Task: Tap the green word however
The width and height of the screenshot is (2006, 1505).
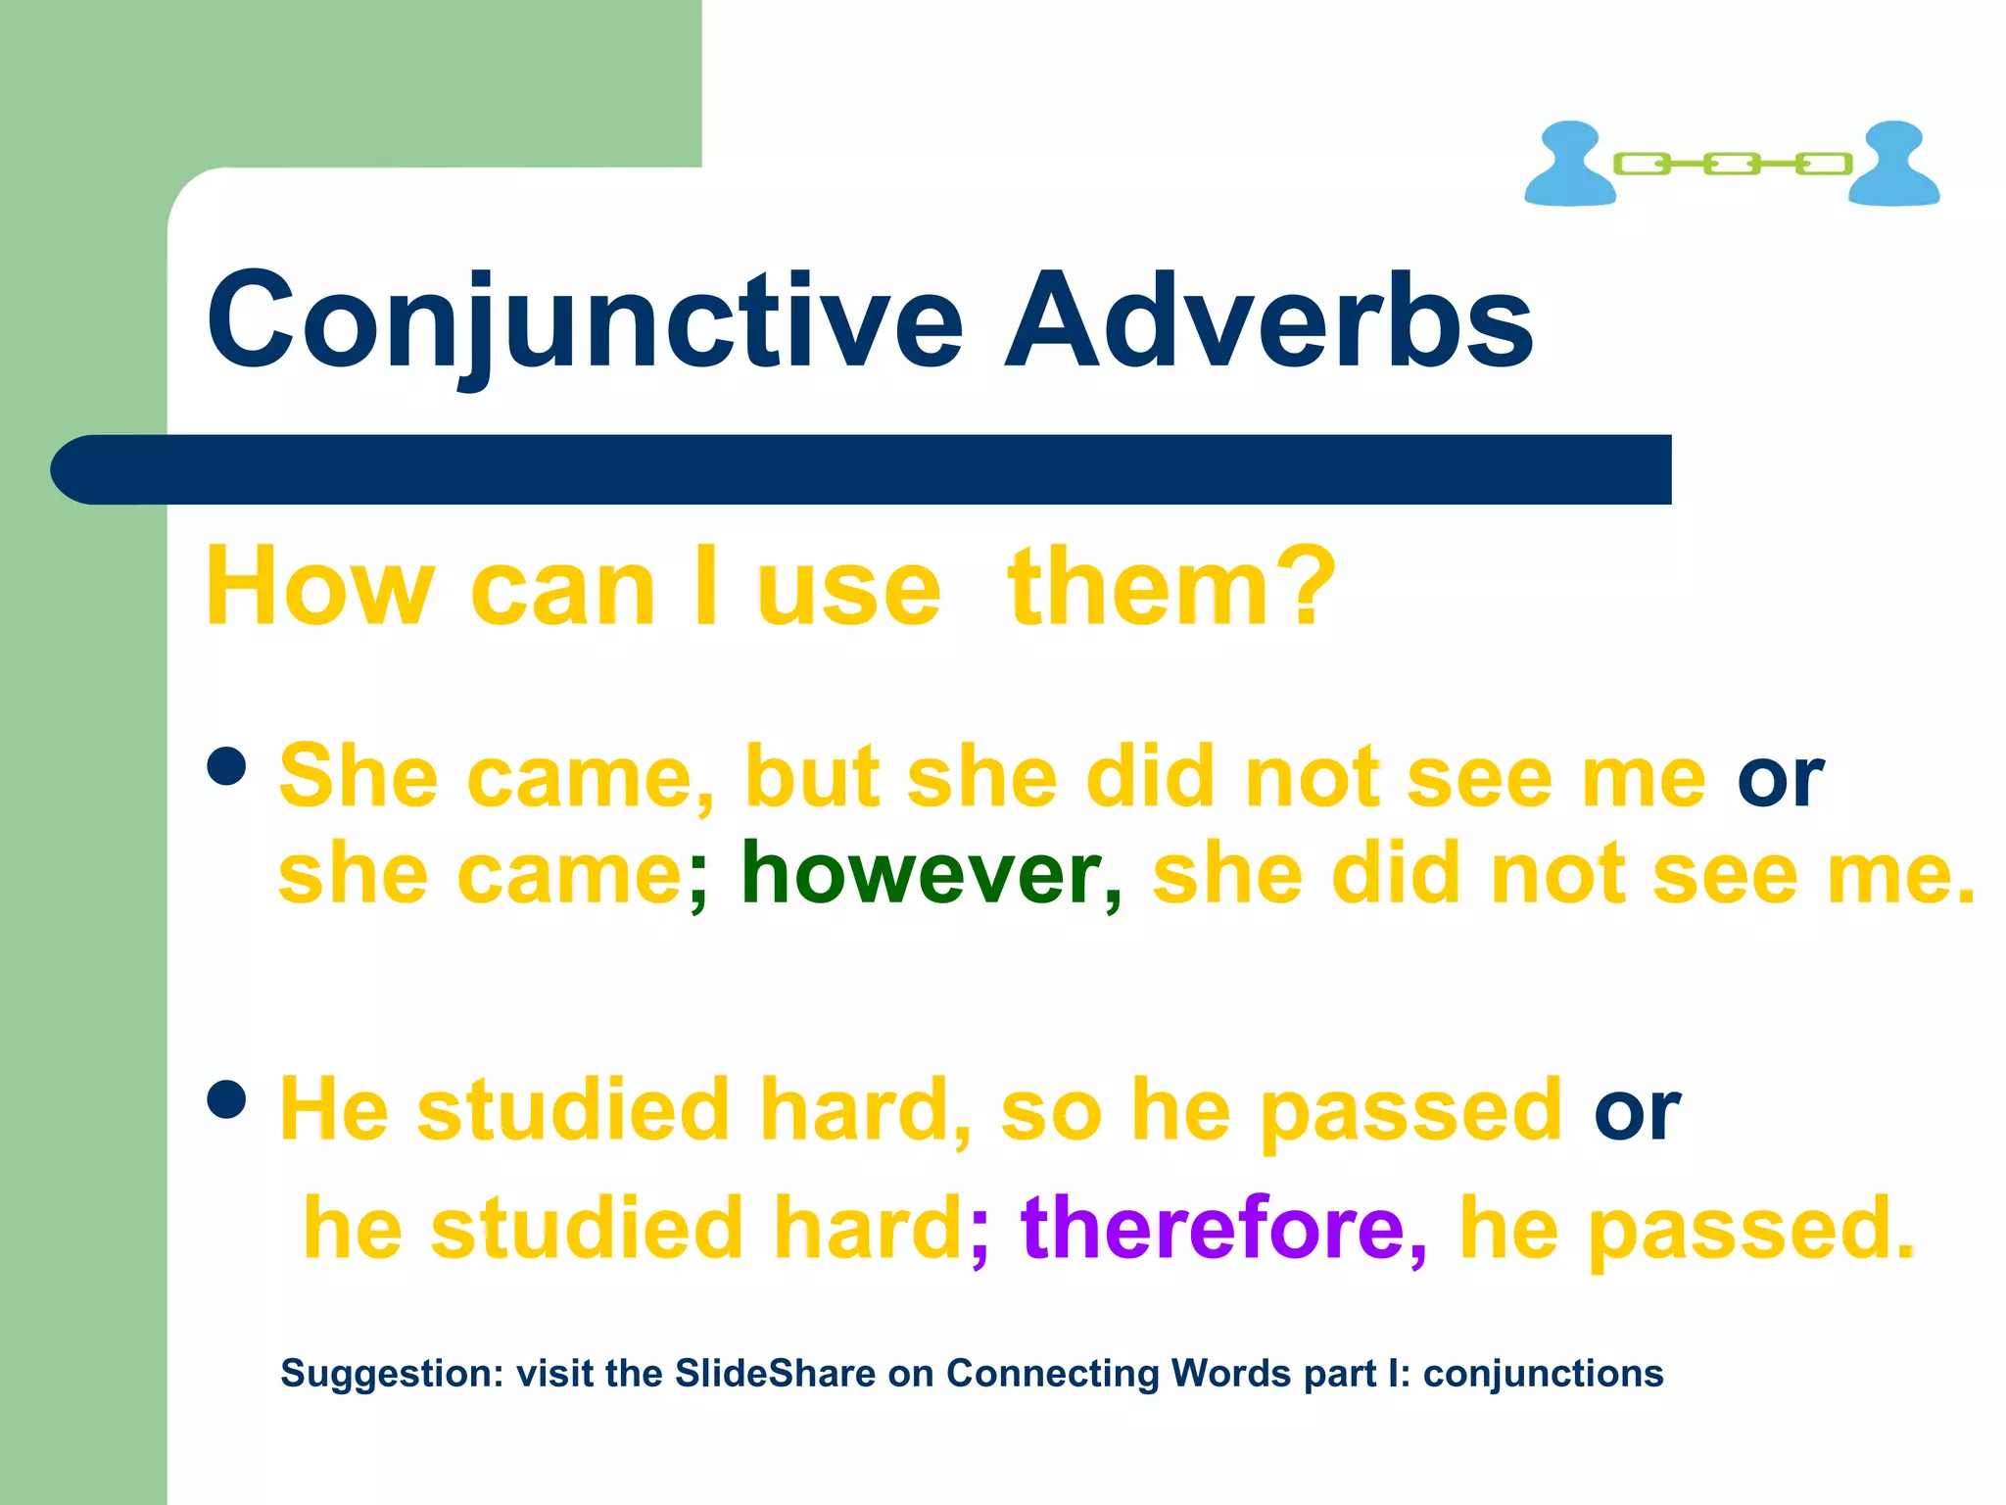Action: [x=921, y=874]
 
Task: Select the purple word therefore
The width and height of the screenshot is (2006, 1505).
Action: [x=1213, y=1228]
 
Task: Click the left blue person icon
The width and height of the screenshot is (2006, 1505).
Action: [x=1569, y=164]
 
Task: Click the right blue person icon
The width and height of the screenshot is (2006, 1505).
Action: [x=1893, y=164]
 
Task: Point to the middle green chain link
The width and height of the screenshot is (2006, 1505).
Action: [x=1732, y=164]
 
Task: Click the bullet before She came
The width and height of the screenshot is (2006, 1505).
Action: [x=227, y=767]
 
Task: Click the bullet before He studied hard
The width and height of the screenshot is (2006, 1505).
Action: [x=227, y=1099]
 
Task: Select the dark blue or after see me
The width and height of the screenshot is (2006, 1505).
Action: [x=1780, y=779]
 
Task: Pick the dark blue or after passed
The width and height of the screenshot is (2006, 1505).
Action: [x=1637, y=1112]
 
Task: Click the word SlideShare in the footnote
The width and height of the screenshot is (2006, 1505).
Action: [x=775, y=1374]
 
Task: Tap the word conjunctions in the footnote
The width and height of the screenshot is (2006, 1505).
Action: [x=1543, y=1374]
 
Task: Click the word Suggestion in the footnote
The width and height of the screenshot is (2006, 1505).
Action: [x=391, y=1374]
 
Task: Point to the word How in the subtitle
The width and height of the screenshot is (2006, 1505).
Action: [x=319, y=588]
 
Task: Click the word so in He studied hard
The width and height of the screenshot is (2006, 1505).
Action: [x=1051, y=1112]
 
